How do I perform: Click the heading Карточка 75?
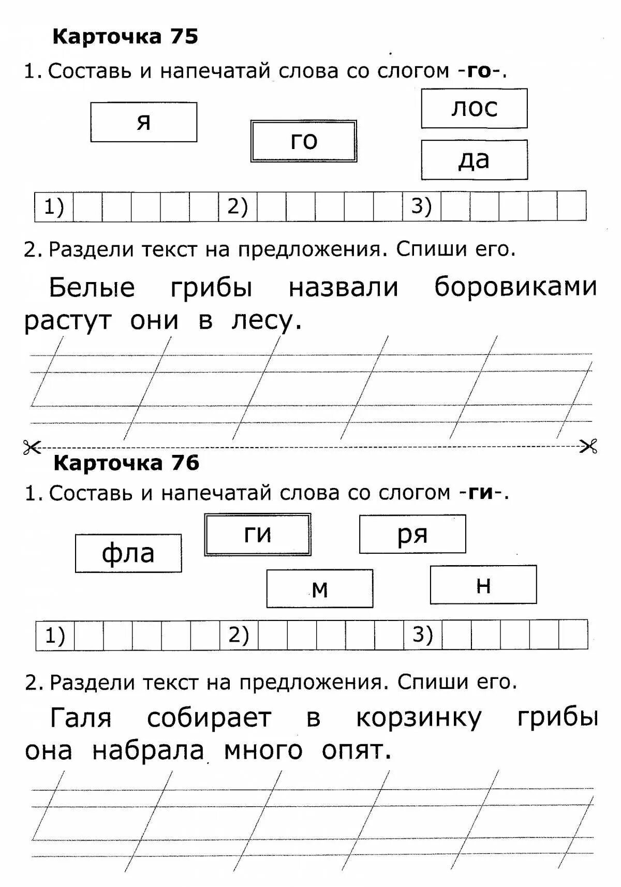(x=125, y=37)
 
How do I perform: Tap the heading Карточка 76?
(x=126, y=463)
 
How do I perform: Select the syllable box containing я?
(x=144, y=122)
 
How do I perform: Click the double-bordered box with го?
(x=304, y=141)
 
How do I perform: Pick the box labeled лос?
(x=474, y=108)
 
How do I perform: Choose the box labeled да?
(x=474, y=160)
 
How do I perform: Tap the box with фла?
(x=128, y=553)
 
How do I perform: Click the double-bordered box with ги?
(x=258, y=535)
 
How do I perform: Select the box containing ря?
(x=412, y=534)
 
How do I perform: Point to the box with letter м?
(x=320, y=588)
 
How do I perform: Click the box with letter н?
(x=483, y=585)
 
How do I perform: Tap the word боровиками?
(x=515, y=287)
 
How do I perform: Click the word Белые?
(x=92, y=287)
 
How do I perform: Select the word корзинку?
(x=419, y=718)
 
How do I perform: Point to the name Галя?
(x=81, y=718)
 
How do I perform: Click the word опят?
(x=356, y=750)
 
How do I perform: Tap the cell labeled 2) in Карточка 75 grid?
(x=238, y=207)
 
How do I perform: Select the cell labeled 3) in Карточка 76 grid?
(x=422, y=634)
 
